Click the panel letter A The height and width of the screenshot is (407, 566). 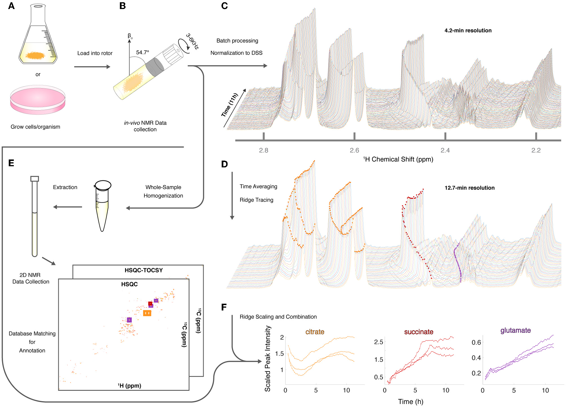(11, 6)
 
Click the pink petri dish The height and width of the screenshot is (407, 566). (38, 100)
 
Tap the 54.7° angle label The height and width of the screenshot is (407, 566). (142, 52)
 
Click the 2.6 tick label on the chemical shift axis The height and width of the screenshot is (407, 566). (354, 150)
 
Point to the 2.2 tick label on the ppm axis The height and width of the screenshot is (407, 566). (536, 150)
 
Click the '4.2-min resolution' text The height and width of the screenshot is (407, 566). (468, 30)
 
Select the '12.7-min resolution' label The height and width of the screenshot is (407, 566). (469, 188)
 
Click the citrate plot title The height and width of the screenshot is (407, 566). (315, 332)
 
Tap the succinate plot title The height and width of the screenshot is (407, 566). (419, 332)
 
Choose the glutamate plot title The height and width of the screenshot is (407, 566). (516, 331)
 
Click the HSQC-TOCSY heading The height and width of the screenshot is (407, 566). (144, 270)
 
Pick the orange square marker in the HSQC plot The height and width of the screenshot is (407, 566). (147, 313)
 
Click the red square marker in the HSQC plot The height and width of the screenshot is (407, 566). (150, 304)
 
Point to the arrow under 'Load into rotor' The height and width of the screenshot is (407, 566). (92, 67)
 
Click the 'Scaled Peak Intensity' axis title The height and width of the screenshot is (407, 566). (267, 358)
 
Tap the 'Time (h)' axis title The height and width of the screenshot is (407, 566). (411, 402)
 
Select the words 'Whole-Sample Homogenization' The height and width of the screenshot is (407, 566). (163, 191)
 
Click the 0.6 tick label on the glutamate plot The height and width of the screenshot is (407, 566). (476, 342)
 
